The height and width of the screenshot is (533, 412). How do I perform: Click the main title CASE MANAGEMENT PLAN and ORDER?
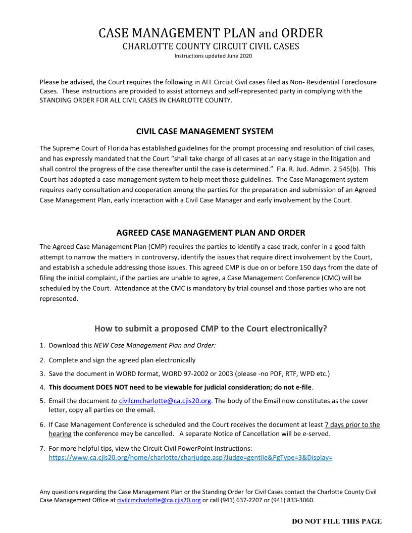tap(211, 34)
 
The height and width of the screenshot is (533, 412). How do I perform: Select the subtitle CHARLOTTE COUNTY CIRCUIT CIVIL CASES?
tap(211, 46)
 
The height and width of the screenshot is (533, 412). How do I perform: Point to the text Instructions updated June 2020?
tap(211, 56)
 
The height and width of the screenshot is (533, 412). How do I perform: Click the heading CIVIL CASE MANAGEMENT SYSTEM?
tap(204, 131)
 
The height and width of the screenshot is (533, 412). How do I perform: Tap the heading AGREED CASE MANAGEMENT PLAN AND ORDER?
tap(211, 233)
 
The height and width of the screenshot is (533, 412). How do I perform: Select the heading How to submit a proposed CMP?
tap(211, 329)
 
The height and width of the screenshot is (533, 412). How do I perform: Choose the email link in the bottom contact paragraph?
tap(159, 500)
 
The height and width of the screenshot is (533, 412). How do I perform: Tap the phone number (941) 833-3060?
tap(294, 500)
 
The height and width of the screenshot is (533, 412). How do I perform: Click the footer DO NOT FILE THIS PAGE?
tap(337, 521)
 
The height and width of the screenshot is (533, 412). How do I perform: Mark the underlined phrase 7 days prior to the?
tap(352, 424)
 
